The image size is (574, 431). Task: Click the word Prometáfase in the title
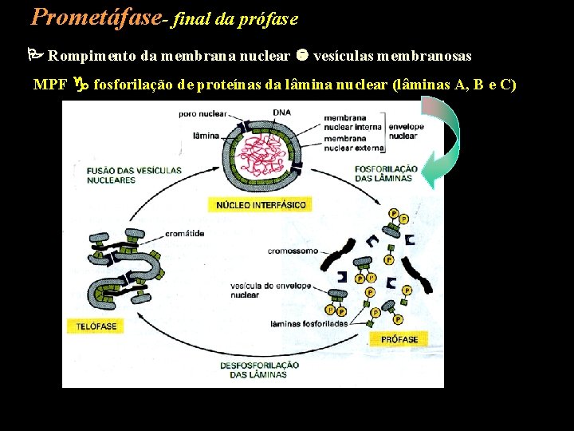click(95, 16)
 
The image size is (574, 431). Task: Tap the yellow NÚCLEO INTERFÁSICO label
click(261, 205)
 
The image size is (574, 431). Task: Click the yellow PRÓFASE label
click(399, 339)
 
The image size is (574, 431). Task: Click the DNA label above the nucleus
click(281, 111)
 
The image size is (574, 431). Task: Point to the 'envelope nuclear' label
click(406, 131)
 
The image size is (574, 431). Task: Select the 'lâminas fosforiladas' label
click(299, 323)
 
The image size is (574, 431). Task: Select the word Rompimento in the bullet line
click(85, 56)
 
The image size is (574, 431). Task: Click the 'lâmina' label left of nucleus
click(206, 136)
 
